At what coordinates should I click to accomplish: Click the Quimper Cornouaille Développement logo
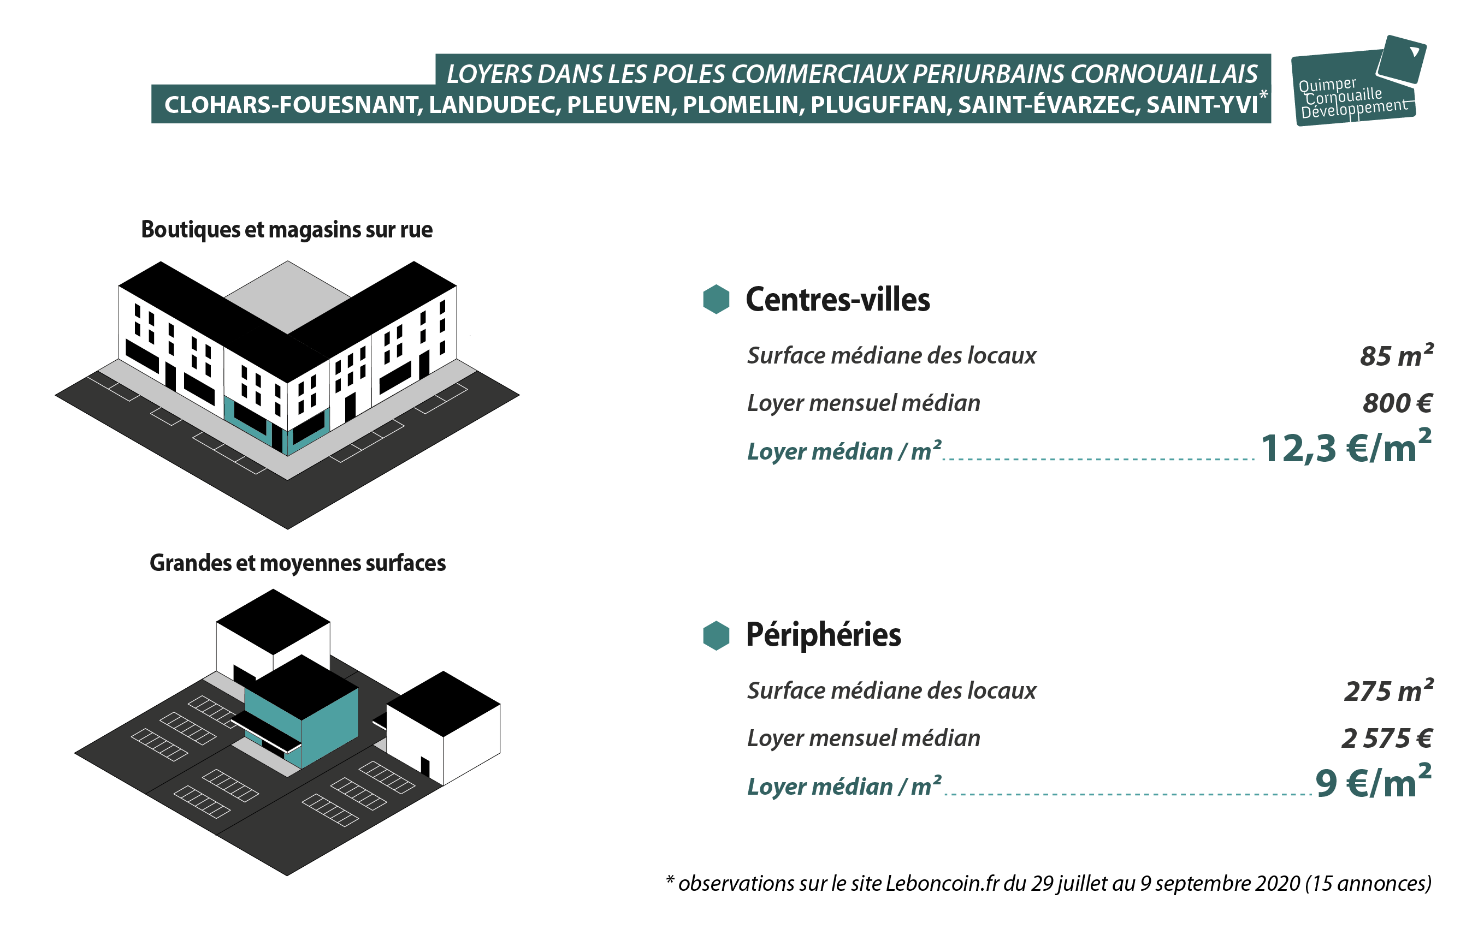[1358, 81]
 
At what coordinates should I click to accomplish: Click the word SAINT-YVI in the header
[1202, 105]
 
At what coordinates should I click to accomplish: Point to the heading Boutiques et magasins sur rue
[287, 230]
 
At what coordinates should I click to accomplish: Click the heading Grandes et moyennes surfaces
[298, 563]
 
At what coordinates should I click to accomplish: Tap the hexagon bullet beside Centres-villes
[716, 299]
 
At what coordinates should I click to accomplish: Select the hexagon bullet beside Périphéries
[716, 635]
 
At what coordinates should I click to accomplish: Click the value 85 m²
[1397, 355]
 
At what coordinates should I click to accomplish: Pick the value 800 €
[1397, 403]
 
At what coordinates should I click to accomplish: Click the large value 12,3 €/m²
[1346, 446]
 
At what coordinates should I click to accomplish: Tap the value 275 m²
[1388, 690]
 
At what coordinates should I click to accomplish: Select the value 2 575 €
[1387, 739]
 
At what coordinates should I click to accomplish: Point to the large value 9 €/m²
[1373, 781]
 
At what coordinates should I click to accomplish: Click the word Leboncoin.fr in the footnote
[942, 883]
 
